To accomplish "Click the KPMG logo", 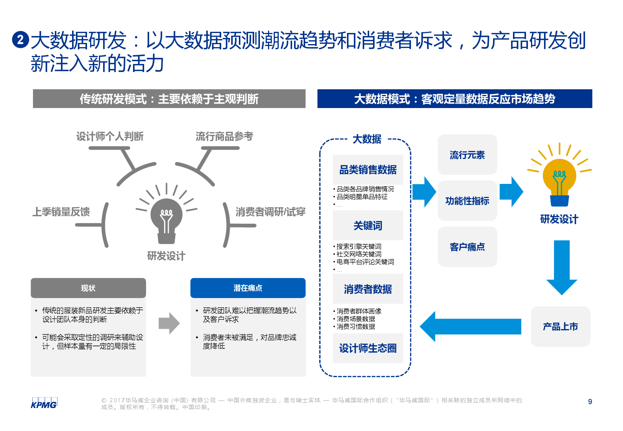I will [x=44, y=403].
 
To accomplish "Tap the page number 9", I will [x=590, y=402].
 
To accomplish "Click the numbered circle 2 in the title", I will [x=20, y=39].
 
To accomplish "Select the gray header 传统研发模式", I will [x=169, y=99].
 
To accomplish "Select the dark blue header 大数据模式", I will [x=455, y=99].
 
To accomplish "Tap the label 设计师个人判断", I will [x=110, y=136].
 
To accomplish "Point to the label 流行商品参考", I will [x=224, y=136].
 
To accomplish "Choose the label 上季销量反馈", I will [x=61, y=212].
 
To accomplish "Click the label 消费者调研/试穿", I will [x=270, y=212].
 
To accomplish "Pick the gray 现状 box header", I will [x=88, y=288].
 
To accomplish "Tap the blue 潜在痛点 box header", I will [x=248, y=288].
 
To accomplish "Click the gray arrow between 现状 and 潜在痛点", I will [x=169, y=323].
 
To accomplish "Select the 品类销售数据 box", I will [x=368, y=170].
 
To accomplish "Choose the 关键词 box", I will [x=368, y=226].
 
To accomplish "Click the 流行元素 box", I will [x=467, y=155].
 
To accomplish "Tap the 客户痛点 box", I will [x=467, y=247].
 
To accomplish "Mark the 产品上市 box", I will [x=560, y=326].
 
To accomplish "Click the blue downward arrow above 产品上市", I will [x=562, y=268].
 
